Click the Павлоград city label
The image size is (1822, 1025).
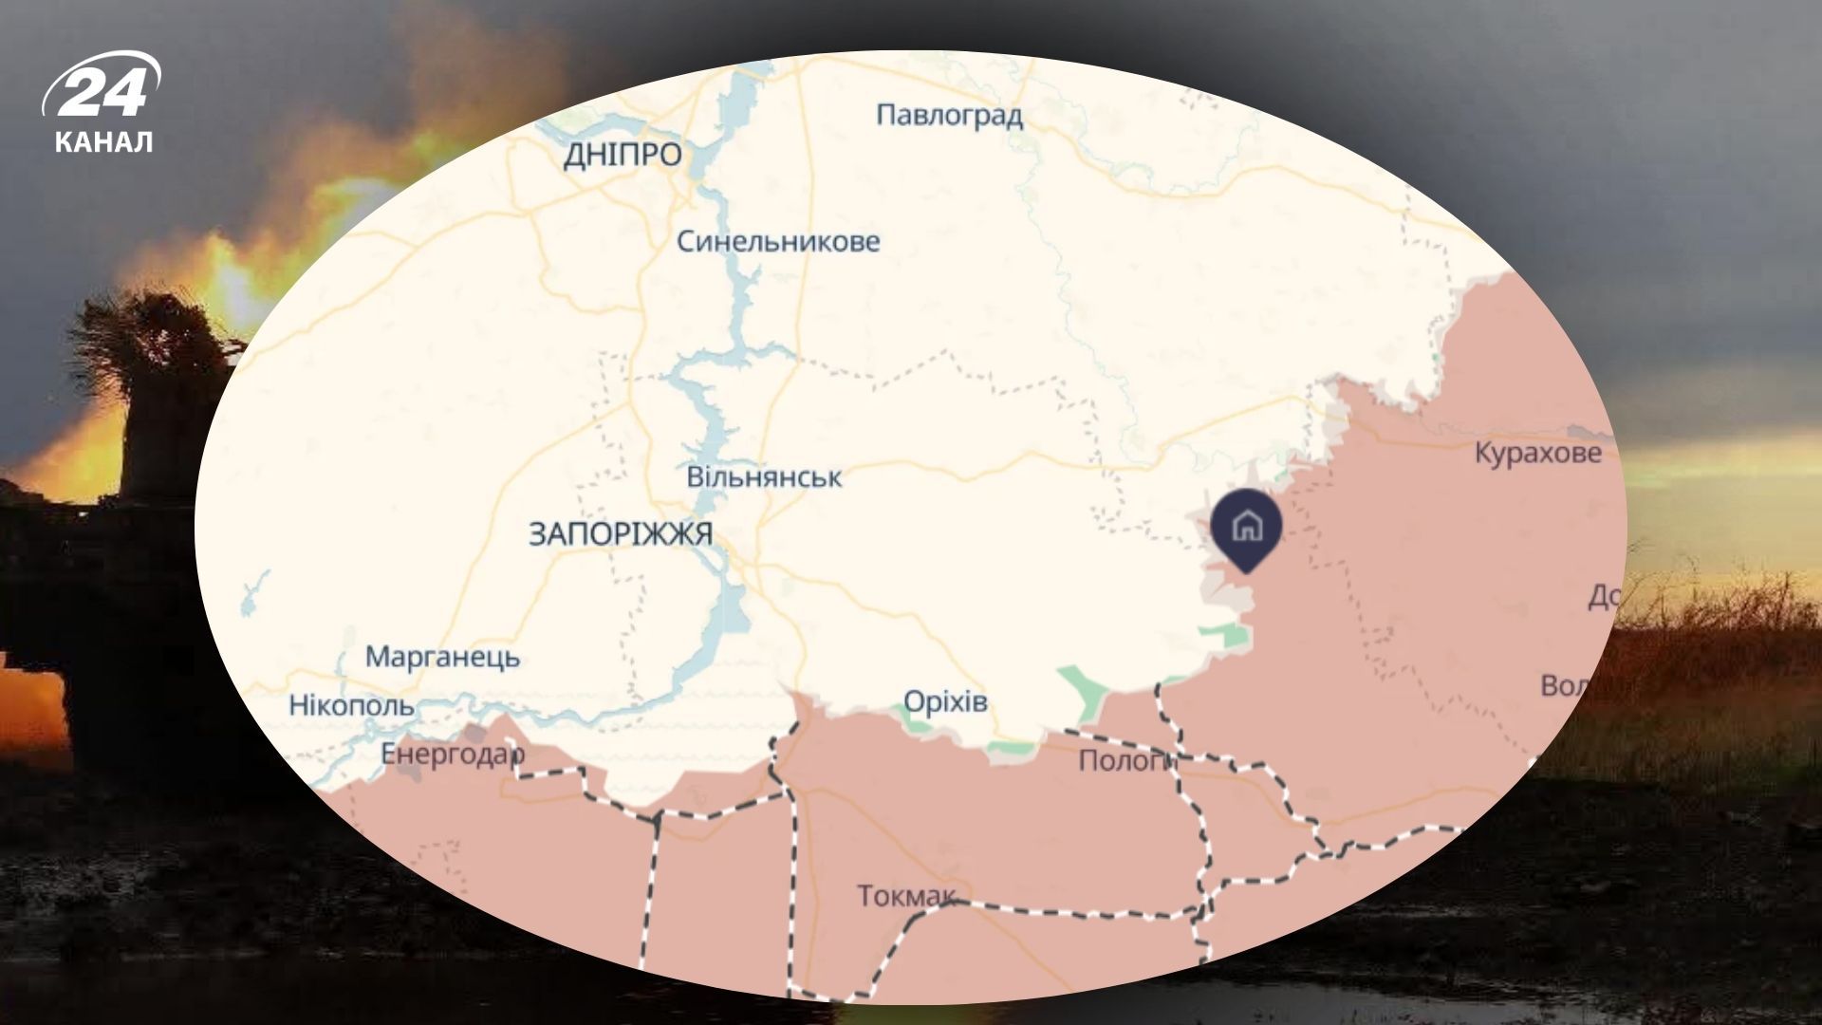pyautogui.click(x=949, y=116)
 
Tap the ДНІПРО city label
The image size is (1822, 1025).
pyautogui.click(x=623, y=155)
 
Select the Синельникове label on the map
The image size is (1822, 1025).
pyautogui.click(x=778, y=242)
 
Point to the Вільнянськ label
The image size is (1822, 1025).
pyautogui.click(x=764, y=476)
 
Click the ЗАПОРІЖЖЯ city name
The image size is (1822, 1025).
pyautogui.click(x=621, y=534)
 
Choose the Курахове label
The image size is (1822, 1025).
pyautogui.click(x=1537, y=453)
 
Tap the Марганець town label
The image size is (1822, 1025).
pyautogui.click(x=442, y=657)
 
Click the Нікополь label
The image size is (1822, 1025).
pyautogui.click(x=351, y=705)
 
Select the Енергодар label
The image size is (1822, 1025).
pyautogui.click(x=452, y=754)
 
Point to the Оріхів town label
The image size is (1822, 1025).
pyautogui.click(x=945, y=702)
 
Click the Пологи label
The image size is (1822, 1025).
pyautogui.click(x=1125, y=760)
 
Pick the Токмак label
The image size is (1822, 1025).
pyautogui.click(x=906, y=895)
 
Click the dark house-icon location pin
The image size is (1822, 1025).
pyautogui.click(x=1246, y=528)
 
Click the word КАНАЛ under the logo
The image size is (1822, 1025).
pyautogui.click(x=103, y=142)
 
